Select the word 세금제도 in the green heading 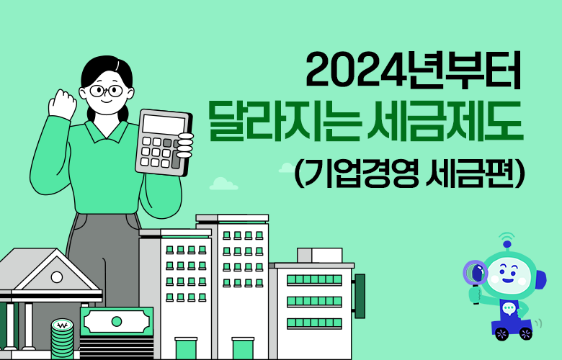[445, 121]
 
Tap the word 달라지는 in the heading [284, 122]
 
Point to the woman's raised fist [63, 104]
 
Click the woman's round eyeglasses [107, 90]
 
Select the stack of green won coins [62, 338]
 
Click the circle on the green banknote [117, 321]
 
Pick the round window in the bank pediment [57, 277]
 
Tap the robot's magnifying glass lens [476, 273]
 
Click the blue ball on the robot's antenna [507, 244]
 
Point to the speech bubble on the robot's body [509, 307]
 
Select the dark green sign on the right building [360, 296]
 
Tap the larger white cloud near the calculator [223, 184]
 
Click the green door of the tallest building [243, 348]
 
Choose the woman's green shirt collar [107, 132]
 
